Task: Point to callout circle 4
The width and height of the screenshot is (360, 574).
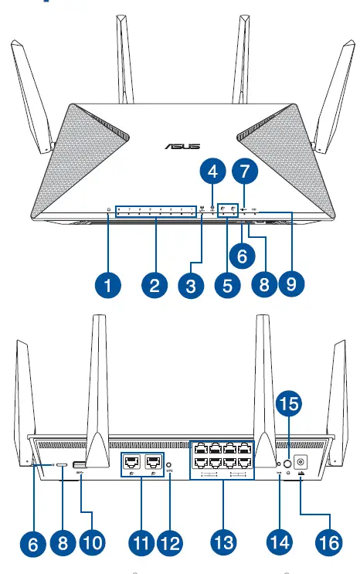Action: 212,168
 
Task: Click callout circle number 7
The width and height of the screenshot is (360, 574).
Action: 244,168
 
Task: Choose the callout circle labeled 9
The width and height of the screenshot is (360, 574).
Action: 290,284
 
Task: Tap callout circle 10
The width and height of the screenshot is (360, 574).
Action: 90,542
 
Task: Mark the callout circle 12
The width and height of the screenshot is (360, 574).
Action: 169,542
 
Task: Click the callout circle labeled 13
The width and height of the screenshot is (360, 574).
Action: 224,542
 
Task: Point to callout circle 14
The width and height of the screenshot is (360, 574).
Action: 279,542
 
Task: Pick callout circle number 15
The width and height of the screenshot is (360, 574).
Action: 289,402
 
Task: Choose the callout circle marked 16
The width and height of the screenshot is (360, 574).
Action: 328,542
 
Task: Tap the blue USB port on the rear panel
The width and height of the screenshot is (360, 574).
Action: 80,465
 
